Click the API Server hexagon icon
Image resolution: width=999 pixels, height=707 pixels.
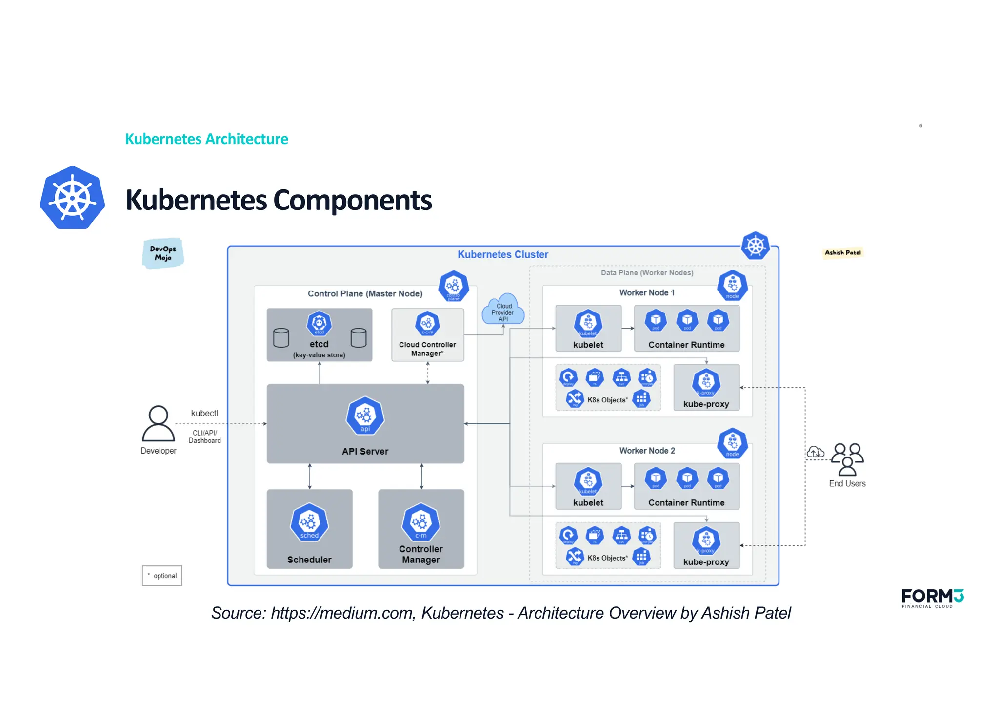coord(365,416)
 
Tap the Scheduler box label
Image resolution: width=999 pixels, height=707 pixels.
coord(309,560)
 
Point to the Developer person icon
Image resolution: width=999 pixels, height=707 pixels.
coord(158,424)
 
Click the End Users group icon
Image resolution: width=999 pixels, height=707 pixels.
coord(847,459)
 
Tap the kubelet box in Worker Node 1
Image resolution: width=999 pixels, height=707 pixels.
coord(588,328)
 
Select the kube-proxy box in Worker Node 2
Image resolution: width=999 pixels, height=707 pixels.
coord(706,545)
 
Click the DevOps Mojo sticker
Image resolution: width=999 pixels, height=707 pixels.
coord(163,253)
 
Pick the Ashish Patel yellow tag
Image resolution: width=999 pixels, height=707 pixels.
coord(842,252)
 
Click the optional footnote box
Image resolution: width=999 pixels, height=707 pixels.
coord(162,576)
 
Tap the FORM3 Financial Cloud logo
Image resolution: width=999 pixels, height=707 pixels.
coord(932,598)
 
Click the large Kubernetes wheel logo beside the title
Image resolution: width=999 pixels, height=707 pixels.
coord(72,198)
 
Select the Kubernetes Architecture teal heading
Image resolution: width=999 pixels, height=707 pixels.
coord(206,139)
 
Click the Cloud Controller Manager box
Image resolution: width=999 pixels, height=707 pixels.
coord(427,335)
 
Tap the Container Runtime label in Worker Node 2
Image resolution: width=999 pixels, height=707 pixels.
coord(686,503)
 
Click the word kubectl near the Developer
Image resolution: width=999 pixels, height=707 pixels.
coord(204,413)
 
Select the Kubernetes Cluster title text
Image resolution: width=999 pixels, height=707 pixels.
coord(502,254)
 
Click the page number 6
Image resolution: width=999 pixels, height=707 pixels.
coord(920,126)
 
